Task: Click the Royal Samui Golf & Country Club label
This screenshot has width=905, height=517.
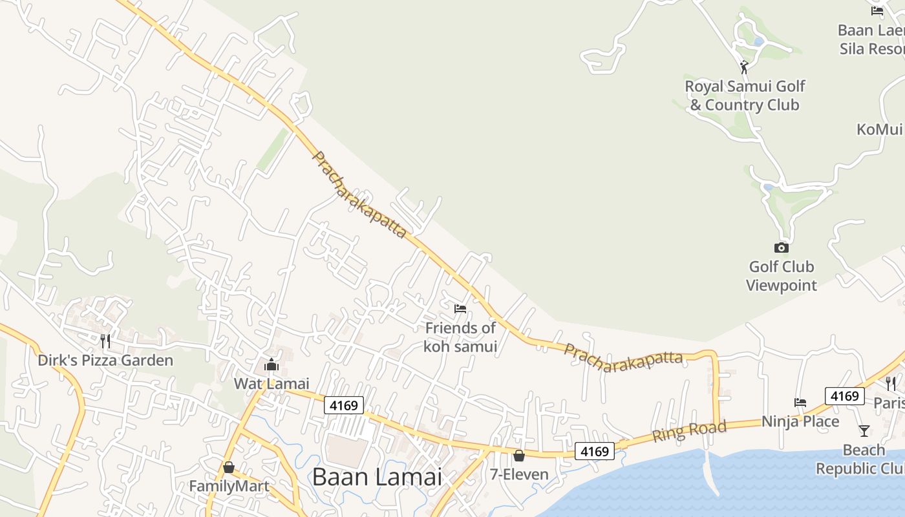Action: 745,96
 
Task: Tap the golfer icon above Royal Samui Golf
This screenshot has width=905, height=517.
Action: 744,67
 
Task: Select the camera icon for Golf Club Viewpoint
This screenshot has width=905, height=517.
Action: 781,248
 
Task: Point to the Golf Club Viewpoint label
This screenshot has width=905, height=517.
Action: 781,276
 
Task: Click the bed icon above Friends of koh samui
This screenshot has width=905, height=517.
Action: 460,309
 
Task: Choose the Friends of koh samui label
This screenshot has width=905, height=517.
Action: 460,337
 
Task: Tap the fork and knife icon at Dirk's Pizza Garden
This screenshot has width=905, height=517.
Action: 105,341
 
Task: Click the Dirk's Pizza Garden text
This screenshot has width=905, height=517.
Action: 105,361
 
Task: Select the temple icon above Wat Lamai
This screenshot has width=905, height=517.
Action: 271,365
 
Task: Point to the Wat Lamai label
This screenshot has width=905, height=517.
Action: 271,384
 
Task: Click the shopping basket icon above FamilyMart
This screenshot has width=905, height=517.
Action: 228,467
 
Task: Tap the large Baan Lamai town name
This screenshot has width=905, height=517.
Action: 377,477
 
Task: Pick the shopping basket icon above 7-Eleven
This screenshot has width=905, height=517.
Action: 518,456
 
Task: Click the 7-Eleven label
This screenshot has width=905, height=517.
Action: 518,474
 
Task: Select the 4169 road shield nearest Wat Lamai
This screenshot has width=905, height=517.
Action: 343,405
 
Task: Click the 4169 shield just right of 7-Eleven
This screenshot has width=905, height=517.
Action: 594,451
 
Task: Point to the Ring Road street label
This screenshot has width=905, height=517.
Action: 689,430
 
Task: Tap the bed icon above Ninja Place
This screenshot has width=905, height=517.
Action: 800,403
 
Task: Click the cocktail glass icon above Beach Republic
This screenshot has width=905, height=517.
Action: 864,430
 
